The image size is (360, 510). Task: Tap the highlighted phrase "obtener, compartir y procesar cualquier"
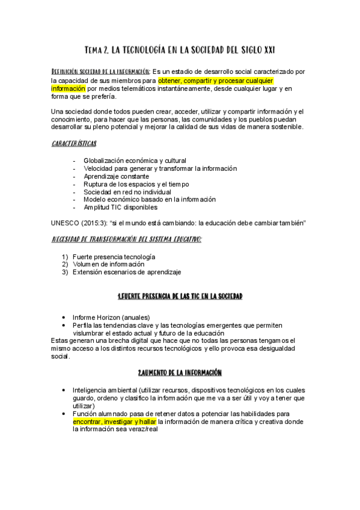point(215,80)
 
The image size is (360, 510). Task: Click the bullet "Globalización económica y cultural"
point(135,161)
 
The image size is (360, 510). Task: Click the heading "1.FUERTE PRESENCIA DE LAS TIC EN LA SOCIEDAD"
point(180,298)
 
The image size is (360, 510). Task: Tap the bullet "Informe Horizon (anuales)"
point(111,318)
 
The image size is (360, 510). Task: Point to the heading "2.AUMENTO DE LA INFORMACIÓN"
point(180,373)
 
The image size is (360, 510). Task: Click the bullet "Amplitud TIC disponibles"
point(121,207)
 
